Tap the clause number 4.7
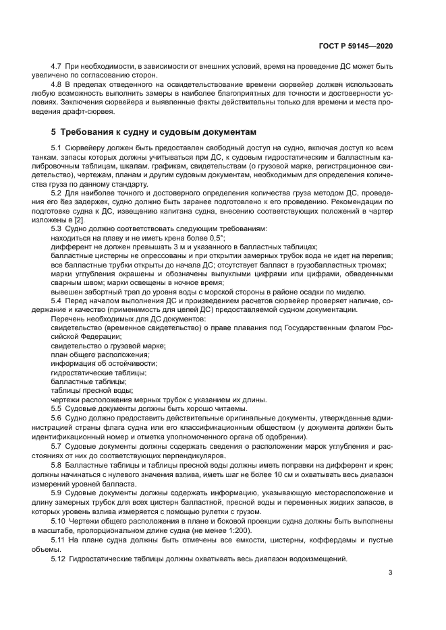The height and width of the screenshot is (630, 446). pyautogui.click(x=57, y=66)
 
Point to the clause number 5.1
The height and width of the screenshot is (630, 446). pyautogui.click(x=57, y=147)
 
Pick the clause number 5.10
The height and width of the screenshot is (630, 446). pyautogui.click(x=59, y=503)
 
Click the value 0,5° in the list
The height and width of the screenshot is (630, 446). pyautogui.click(x=214, y=238)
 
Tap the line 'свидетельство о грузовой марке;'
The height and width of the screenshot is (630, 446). pyautogui.click(x=109, y=345)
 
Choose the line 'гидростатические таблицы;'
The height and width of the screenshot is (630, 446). pyautogui.click(x=99, y=372)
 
